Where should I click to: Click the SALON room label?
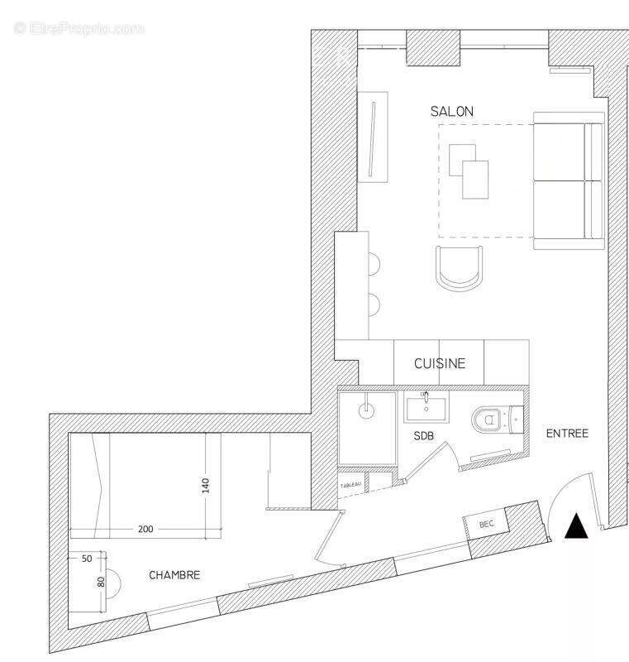(x=451, y=111)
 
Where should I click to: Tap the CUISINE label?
(x=440, y=363)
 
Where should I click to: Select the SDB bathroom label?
(x=425, y=435)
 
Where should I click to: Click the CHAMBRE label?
(x=174, y=575)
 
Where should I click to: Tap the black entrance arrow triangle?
(x=577, y=527)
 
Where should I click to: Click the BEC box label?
(x=487, y=524)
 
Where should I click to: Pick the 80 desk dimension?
(x=102, y=581)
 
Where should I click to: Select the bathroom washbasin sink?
(x=426, y=408)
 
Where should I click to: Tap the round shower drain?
(x=367, y=408)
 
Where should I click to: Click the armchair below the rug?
(x=460, y=268)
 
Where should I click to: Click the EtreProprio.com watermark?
(x=79, y=28)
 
